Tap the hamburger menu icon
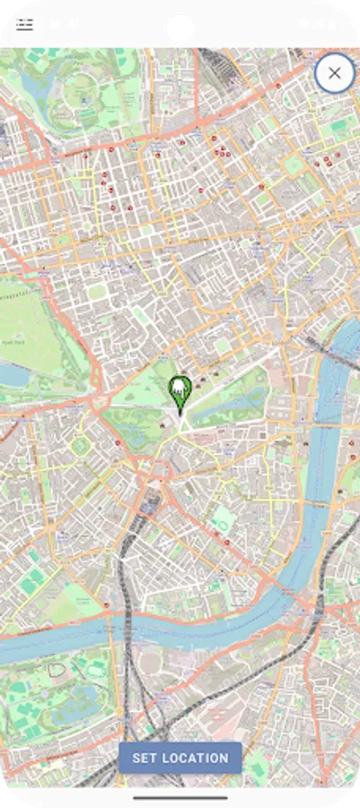coord(24,24)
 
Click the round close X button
coord(334,73)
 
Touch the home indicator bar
coord(180,796)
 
